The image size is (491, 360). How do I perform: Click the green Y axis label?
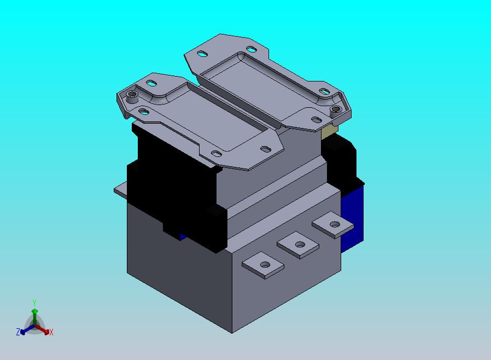[34, 303]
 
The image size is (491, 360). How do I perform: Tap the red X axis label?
[51, 333]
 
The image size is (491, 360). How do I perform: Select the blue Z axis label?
[18, 332]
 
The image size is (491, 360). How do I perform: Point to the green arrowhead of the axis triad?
[35, 311]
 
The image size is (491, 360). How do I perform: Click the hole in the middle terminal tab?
[300, 245]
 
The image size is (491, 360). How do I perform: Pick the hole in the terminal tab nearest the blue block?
[335, 224]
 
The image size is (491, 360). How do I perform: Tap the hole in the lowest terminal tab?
[265, 265]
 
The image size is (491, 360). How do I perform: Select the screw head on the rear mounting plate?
[336, 109]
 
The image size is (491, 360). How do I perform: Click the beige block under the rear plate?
[329, 132]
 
